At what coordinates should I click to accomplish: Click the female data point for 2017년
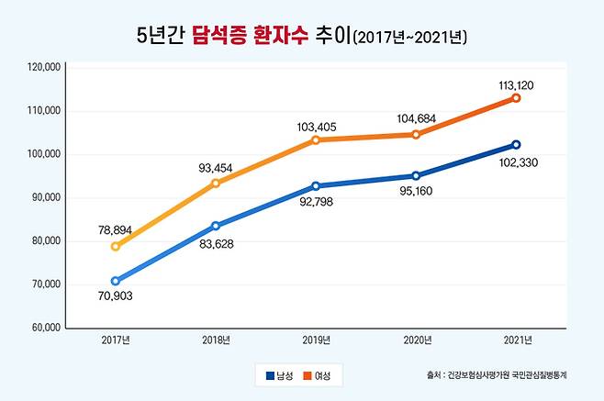tap(116, 247)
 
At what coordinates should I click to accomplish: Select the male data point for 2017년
tap(116, 281)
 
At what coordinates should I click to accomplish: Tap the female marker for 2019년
tap(316, 140)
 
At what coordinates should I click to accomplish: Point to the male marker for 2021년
tap(516, 144)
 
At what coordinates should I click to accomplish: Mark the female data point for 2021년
tap(516, 98)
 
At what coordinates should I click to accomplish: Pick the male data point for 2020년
tap(416, 175)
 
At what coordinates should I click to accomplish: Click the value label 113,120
tap(516, 84)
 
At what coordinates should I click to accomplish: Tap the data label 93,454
tap(216, 168)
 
